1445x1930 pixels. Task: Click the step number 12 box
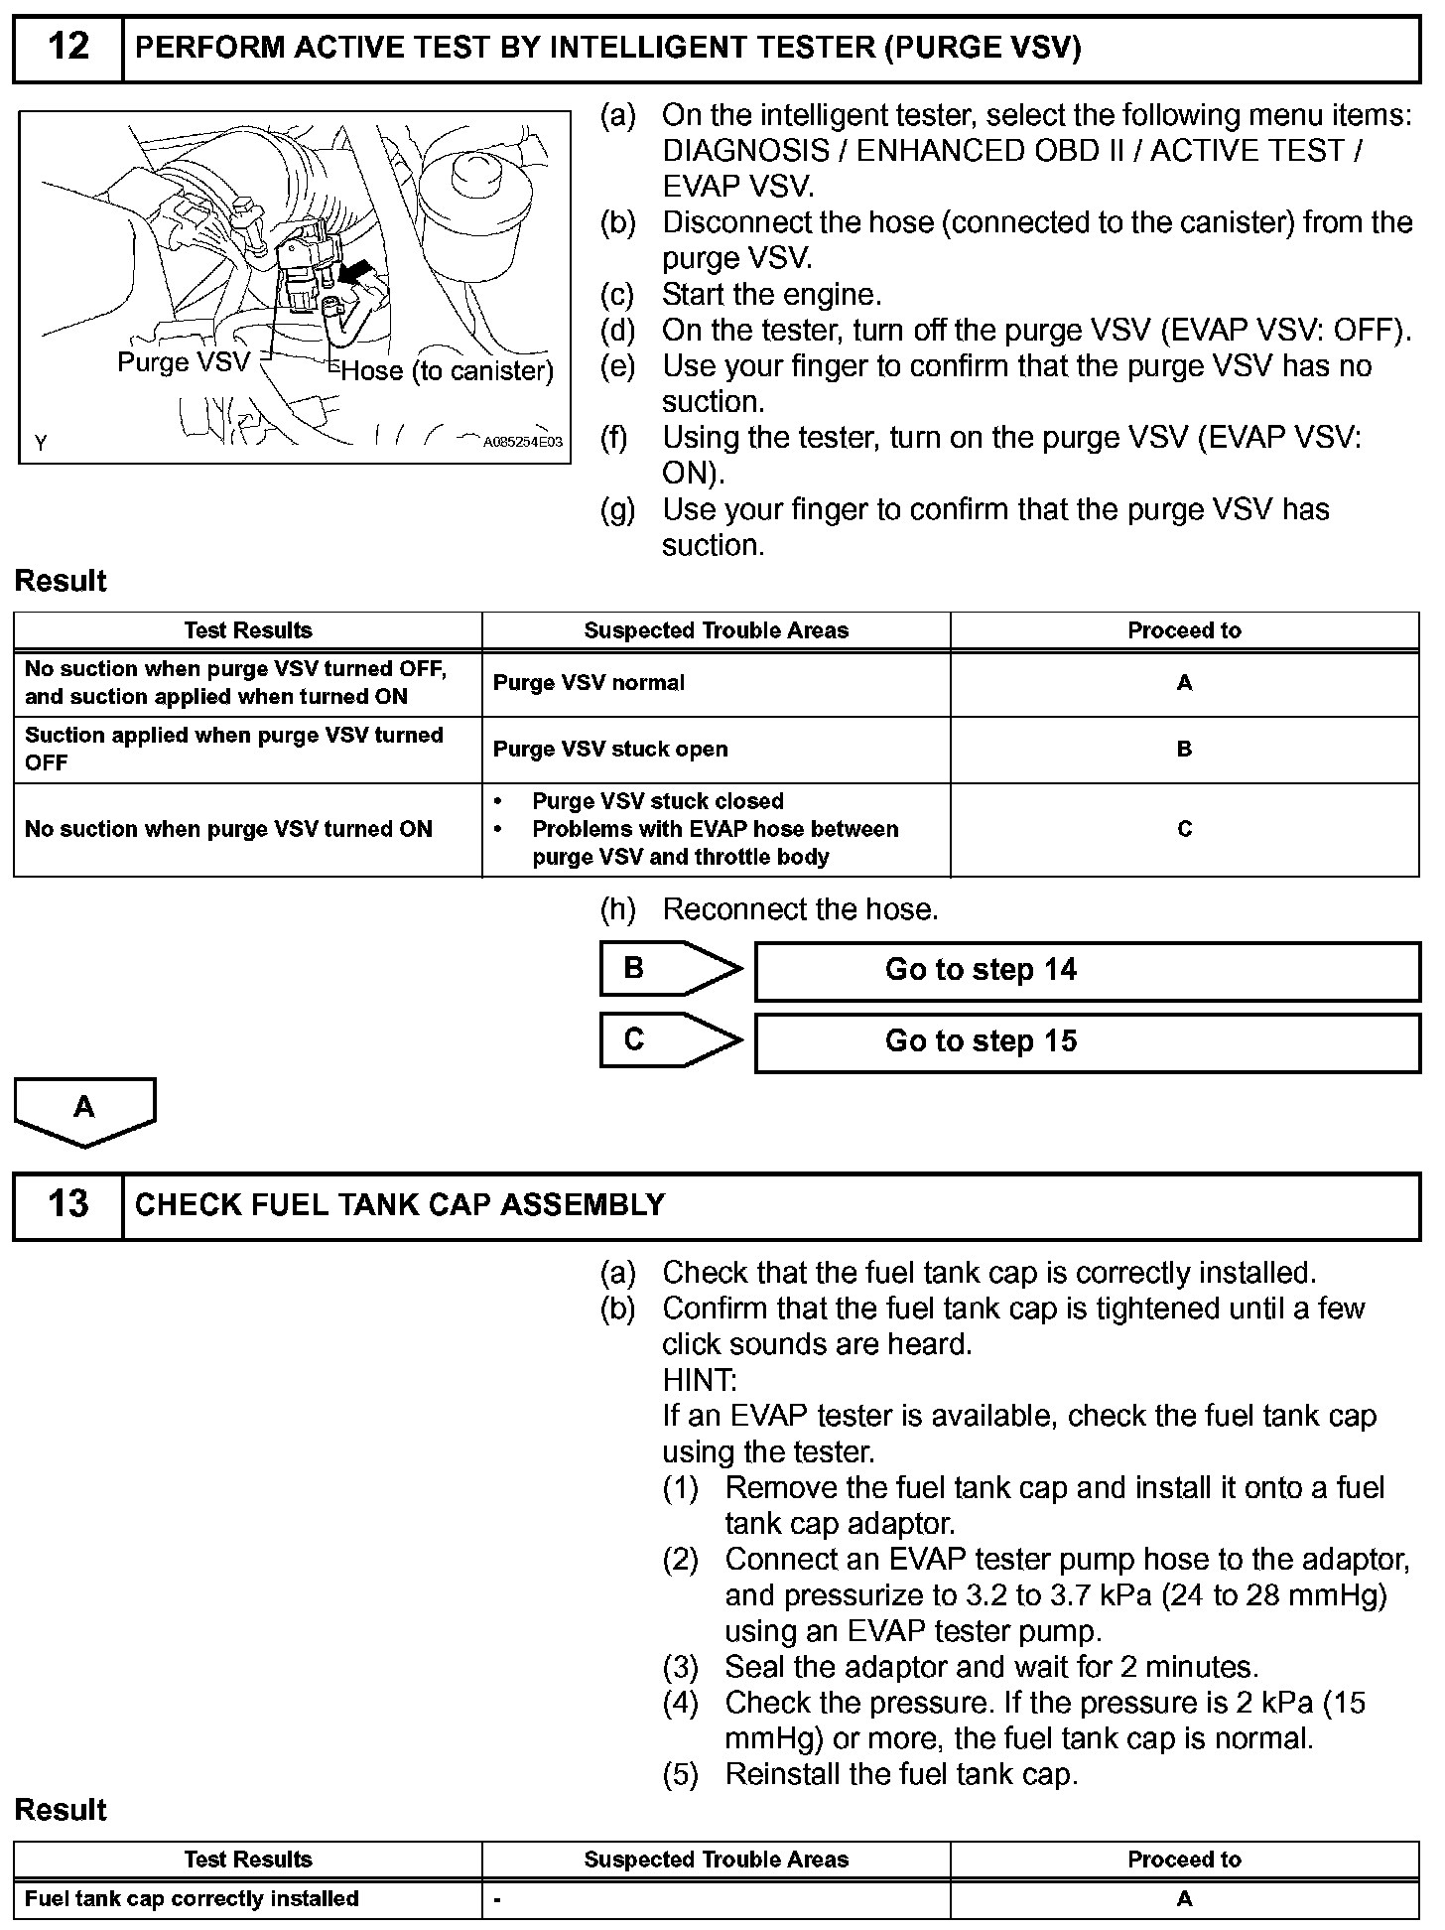click(x=67, y=48)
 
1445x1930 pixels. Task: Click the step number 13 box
click(x=67, y=1204)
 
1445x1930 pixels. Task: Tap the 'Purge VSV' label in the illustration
click(x=184, y=361)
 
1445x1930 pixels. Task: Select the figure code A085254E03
click(x=522, y=443)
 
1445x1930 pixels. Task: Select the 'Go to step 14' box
click(x=1087, y=970)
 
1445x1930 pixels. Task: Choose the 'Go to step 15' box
click(x=1087, y=1041)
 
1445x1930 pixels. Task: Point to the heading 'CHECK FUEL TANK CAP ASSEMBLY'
click(x=400, y=1205)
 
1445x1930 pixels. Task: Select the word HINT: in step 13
click(x=700, y=1380)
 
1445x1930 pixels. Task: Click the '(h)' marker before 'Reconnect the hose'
click(x=618, y=909)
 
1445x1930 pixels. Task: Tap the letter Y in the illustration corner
click(x=41, y=443)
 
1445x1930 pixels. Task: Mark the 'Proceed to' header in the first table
click(x=1184, y=630)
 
